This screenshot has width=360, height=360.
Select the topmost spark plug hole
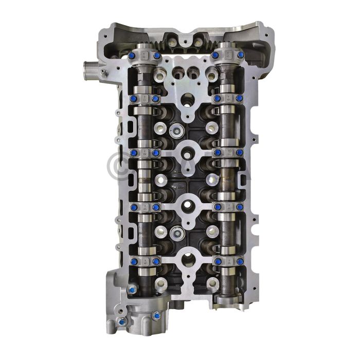pyautogui.click(x=188, y=98)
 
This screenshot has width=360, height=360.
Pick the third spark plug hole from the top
pyautogui.click(x=188, y=206)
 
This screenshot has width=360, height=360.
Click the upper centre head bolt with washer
pyautogui.click(x=177, y=131)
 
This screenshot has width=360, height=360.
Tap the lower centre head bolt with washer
pyautogui.click(x=177, y=233)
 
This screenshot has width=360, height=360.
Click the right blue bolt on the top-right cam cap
pyautogui.click(x=240, y=55)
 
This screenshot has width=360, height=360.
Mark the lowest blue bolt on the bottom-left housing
pyautogui.click(x=122, y=322)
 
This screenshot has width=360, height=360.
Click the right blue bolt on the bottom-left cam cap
pyautogui.click(x=156, y=262)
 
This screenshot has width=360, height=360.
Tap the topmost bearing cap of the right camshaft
pyautogui.click(x=227, y=55)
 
